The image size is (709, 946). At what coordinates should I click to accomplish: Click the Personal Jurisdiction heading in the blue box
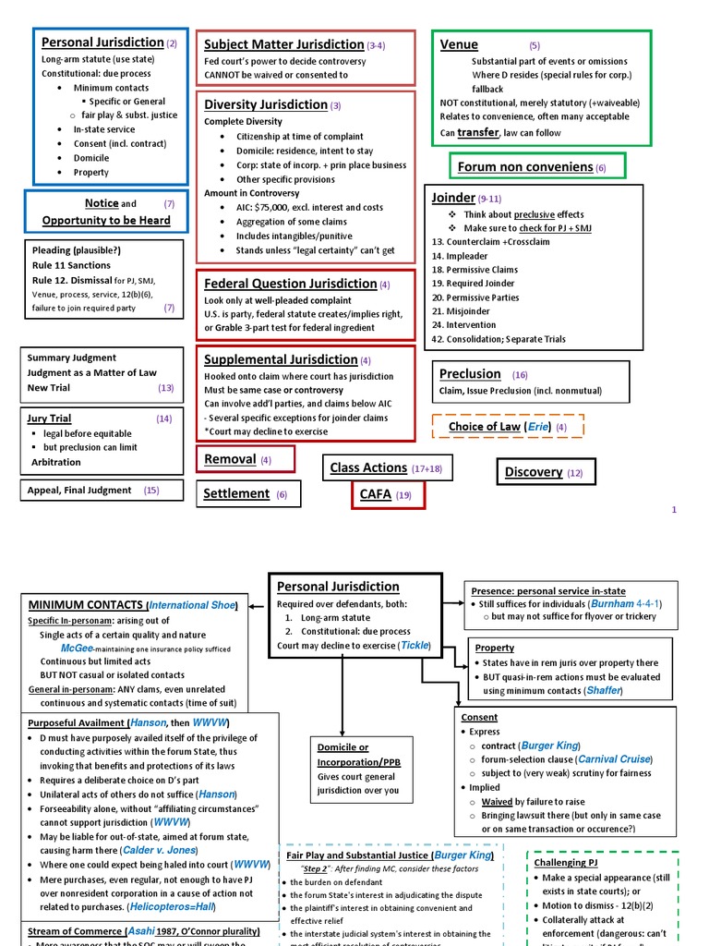[102, 42]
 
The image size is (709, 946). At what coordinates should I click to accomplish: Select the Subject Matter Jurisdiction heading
[283, 44]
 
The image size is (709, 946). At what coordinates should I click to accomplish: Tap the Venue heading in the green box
[459, 44]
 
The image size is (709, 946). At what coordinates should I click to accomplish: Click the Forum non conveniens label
[525, 166]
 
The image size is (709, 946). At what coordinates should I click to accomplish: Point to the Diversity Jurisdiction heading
[266, 104]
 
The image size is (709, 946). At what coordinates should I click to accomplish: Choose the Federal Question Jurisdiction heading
[290, 284]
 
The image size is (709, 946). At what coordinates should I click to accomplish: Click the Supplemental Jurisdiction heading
[281, 359]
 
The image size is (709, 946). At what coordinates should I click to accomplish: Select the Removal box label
[230, 459]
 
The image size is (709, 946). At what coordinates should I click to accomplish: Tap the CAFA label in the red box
[376, 494]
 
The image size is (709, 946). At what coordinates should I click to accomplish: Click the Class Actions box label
[368, 468]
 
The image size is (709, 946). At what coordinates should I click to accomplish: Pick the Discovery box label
[534, 472]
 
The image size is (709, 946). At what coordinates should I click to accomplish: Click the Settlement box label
[237, 494]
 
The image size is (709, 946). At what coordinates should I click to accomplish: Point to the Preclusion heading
[470, 374]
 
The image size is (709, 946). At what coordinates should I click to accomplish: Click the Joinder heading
[452, 198]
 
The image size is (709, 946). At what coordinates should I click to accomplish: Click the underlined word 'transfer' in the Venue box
[477, 132]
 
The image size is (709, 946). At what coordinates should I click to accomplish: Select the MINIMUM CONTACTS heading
[85, 604]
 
